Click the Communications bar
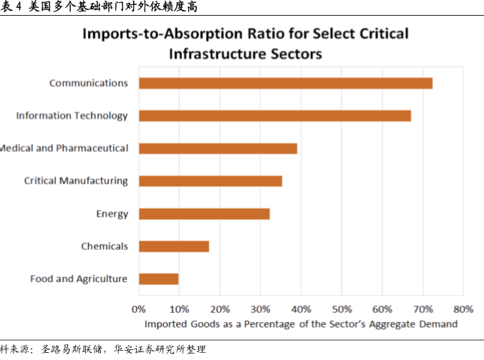pyautogui.click(x=285, y=83)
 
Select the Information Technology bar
pyautogui.click(x=274, y=116)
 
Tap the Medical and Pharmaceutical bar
pyautogui.click(x=218, y=148)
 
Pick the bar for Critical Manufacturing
pyautogui.click(x=210, y=181)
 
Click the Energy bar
pyautogui.click(x=204, y=213)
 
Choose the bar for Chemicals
pyautogui.click(x=174, y=246)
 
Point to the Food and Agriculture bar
pyautogui.click(x=158, y=279)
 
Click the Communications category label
pyautogui.click(x=88, y=83)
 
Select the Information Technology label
pyautogui.click(x=72, y=116)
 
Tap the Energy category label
pyautogui.click(x=112, y=213)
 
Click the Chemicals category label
pyautogui.click(x=105, y=246)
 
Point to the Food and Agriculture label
pyautogui.click(x=79, y=279)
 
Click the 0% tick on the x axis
pyautogui.click(x=139, y=310)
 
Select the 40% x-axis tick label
pyautogui.click(x=301, y=310)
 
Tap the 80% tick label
pyautogui.click(x=463, y=310)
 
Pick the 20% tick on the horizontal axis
pyautogui.click(x=220, y=310)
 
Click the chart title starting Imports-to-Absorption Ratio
pyautogui.click(x=245, y=43)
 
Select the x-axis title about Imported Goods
pyautogui.click(x=301, y=324)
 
